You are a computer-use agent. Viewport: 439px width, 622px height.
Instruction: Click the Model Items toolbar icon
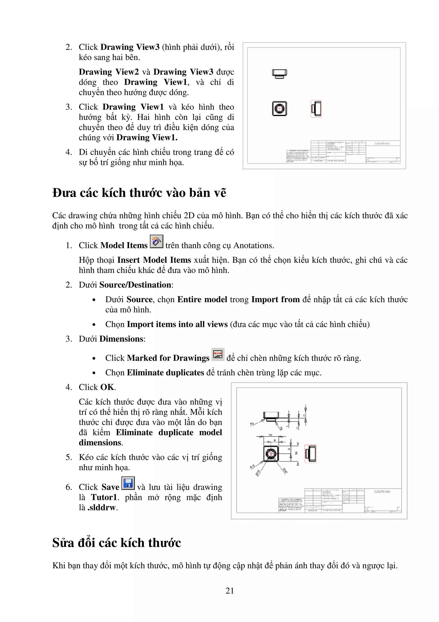point(156,241)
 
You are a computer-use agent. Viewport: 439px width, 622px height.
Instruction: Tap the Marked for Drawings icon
point(218,354)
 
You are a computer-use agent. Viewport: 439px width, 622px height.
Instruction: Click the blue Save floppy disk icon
point(128,483)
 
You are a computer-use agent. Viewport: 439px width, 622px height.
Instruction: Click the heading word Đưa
point(63,193)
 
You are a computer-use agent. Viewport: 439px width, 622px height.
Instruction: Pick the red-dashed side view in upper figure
point(316,109)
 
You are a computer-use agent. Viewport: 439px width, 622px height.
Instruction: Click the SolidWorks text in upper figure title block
point(382,143)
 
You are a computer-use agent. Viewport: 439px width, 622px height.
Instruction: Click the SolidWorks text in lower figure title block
point(382,491)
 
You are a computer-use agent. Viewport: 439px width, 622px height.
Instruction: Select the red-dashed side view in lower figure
point(311,454)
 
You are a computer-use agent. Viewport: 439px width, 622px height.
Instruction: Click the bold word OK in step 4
point(107,387)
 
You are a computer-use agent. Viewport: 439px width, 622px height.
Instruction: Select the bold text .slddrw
point(102,507)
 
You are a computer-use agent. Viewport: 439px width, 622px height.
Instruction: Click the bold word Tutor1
point(104,497)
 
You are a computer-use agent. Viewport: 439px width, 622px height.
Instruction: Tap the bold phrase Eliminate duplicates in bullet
point(165,373)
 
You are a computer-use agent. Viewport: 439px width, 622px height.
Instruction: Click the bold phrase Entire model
point(202,299)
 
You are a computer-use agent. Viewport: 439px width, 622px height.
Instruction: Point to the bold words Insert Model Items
point(154,260)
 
